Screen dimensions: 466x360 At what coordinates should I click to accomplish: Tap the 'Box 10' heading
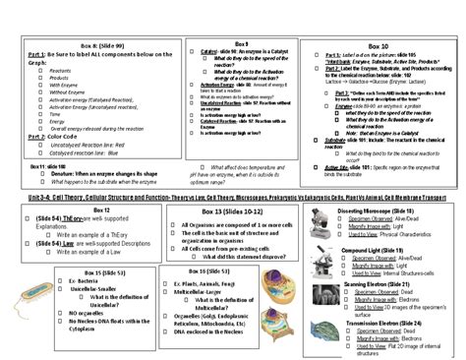click(378, 46)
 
